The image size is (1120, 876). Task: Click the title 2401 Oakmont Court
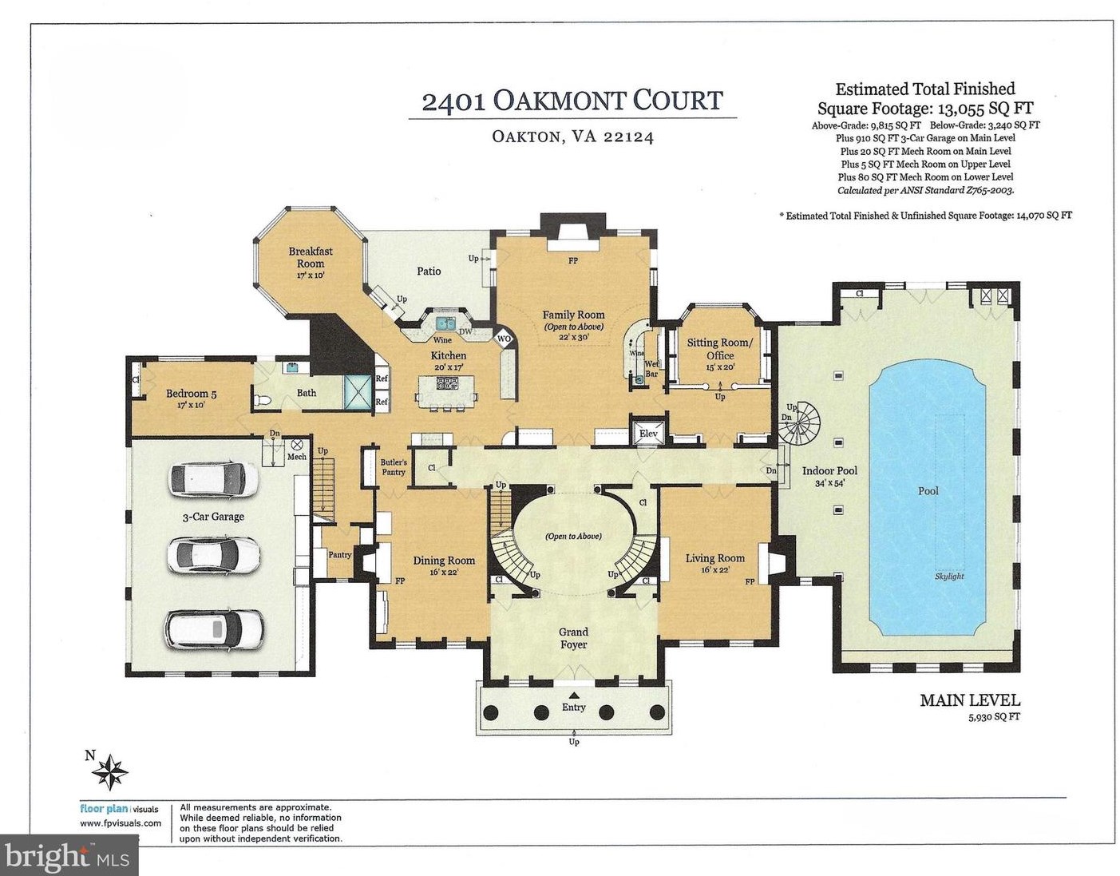pyautogui.click(x=572, y=101)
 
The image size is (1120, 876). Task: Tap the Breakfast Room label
pyautogui.click(x=311, y=257)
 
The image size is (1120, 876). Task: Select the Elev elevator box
pyautogui.click(x=648, y=433)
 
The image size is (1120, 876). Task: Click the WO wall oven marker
pyautogui.click(x=504, y=339)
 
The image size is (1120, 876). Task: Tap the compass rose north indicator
pyautogui.click(x=109, y=771)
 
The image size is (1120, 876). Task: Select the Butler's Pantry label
pyautogui.click(x=394, y=467)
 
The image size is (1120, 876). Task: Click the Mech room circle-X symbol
pyautogui.click(x=298, y=445)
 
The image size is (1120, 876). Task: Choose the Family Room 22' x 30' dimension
pyautogui.click(x=573, y=337)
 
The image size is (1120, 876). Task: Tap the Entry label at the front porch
pyautogui.click(x=574, y=707)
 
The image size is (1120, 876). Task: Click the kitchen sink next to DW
pyautogui.click(x=445, y=323)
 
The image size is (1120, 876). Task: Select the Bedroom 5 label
pyautogui.click(x=192, y=394)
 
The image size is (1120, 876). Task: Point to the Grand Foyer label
pyautogui.click(x=574, y=638)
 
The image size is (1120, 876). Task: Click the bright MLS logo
pyautogui.click(x=68, y=856)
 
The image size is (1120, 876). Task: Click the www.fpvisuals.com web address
pyautogui.click(x=120, y=823)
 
